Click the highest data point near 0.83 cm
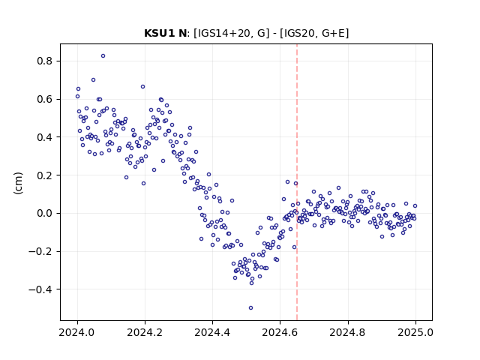coord(103,55)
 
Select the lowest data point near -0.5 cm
coord(250,307)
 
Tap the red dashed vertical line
coord(297,182)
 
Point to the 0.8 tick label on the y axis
coord(45,61)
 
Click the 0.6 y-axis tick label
coord(45,99)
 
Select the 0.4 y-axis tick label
coord(45,137)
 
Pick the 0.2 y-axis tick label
coord(45,175)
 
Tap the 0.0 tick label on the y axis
coord(45,213)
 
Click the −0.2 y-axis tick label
coord(40,251)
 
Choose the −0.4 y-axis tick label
coord(40,289)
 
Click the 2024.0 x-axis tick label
coord(77,332)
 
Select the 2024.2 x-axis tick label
coord(145,332)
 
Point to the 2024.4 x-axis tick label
coord(212,332)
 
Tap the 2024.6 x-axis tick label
coord(280,332)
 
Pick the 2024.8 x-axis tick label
coord(348,332)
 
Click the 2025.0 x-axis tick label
coord(415,332)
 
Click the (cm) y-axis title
coord(18,183)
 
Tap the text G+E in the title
coord(334,33)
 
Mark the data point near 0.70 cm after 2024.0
coord(93,80)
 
